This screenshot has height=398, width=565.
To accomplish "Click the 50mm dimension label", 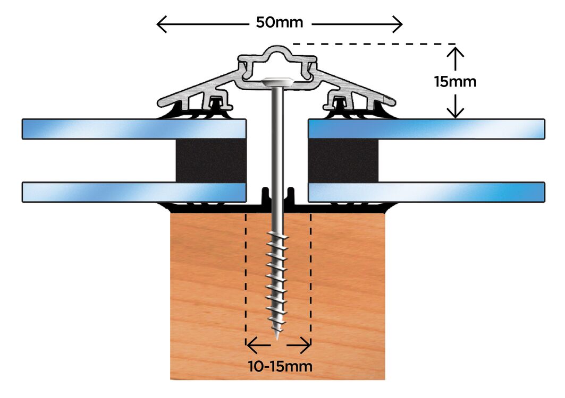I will point(279,23).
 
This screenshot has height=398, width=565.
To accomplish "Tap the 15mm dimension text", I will point(454,82).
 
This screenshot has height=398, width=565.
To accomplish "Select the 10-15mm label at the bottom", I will point(280,366).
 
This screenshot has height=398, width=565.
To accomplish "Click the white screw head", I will point(277,82).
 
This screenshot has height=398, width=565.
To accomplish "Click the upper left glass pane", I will point(133,129).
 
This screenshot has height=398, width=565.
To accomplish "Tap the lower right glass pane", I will point(425,192).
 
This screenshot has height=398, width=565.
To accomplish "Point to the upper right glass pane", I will point(425,129).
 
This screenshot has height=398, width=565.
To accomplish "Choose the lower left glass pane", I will point(133,192).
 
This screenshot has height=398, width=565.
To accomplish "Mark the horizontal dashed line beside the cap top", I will point(372,44).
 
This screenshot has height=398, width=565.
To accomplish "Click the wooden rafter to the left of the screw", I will point(207,292).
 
